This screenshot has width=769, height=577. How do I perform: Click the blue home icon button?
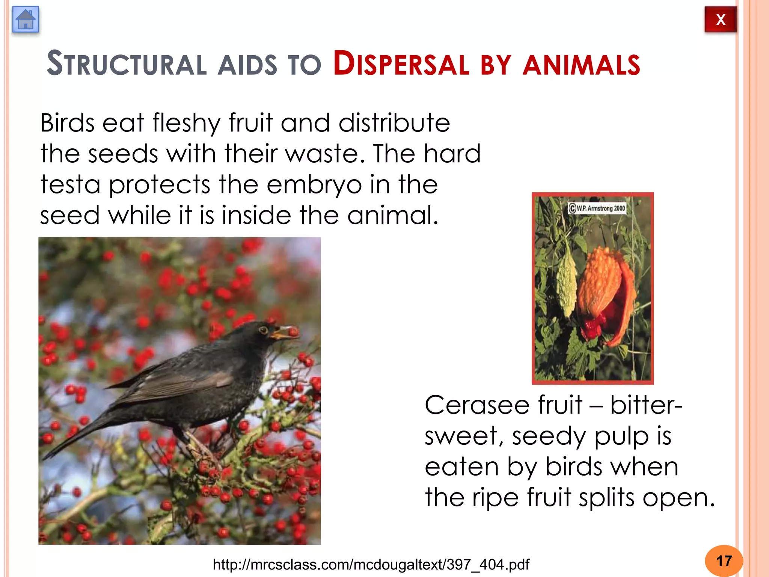(26, 20)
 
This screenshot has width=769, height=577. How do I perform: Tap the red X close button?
(720, 20)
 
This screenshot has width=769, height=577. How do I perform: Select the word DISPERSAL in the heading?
(401, 64)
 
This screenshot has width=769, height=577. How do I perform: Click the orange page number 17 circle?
(724, 561)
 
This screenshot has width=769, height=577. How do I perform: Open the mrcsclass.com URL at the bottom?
(371, 565)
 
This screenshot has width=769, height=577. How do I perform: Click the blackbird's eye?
(263, 330)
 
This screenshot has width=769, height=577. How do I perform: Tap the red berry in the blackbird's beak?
(293, 332)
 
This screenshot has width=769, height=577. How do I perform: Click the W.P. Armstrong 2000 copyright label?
(597, 208)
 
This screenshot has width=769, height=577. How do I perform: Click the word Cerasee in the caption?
(477, 406)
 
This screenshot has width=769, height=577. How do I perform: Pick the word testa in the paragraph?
(70, 185)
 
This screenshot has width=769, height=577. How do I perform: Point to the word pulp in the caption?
(621, 437)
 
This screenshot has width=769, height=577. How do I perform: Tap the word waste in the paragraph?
(325, 154)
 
